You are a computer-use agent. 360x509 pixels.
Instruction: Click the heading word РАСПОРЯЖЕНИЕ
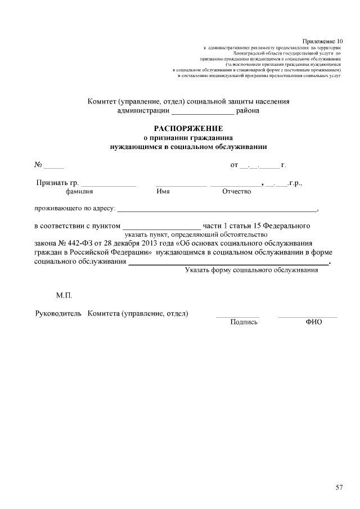tap(188, 128)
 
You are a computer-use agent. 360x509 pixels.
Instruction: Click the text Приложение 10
tap(322, 41)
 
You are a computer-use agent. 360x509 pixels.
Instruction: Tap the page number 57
tap(339, 487)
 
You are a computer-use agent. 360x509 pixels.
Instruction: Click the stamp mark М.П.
tap(64, 295)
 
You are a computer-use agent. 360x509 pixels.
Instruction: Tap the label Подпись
tap(244, 322)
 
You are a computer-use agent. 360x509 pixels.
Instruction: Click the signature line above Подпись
tap(237, 317)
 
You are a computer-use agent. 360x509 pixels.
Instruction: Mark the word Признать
tap(52, 183)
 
